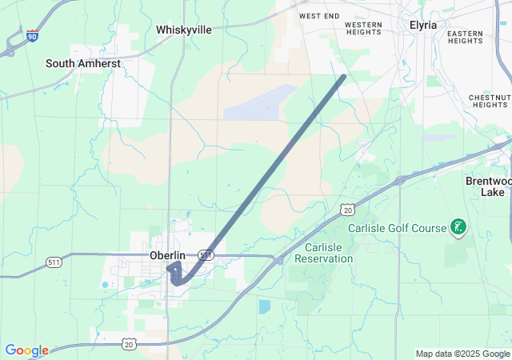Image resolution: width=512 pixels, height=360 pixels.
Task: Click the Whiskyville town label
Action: coord(184,30)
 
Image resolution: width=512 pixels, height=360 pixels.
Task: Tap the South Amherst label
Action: coord(83,63)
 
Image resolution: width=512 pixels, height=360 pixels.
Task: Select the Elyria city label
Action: coord(423,25)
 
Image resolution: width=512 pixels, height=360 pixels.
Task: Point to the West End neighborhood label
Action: coord(319,16)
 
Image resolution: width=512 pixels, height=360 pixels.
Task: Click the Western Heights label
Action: coord(364,29)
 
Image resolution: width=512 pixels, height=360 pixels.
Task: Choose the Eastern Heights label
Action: coord(465,37)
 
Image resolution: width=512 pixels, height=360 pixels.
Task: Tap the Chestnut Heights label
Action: coord(490,101)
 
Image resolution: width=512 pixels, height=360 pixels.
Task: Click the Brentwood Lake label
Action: coord(487,186)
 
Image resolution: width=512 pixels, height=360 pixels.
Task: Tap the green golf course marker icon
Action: coord(458,228)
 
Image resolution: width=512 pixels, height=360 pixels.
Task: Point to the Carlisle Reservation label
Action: coord(323,253)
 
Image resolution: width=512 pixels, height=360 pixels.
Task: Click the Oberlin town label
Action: coord(168,255)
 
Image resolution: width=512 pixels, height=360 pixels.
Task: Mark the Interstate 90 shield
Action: coord(31,35)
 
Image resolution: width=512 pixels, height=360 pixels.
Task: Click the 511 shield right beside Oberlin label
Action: coord(206,255)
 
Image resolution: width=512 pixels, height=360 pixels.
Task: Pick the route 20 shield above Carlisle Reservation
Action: coord(346,210)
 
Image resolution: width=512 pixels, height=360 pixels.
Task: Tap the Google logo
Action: coord(26,350)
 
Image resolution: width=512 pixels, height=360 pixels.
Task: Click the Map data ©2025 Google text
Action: coord(462,354)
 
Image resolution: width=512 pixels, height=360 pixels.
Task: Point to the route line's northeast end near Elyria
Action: coord(343,77)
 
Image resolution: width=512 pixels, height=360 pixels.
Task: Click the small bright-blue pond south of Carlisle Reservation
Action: coord(265,306)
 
